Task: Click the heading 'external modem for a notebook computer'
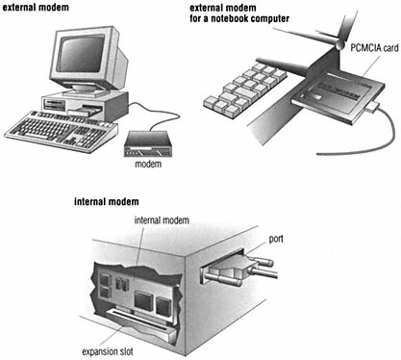coord(239,13)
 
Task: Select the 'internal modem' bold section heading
coord(107,201)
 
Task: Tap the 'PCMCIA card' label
coord(374,48)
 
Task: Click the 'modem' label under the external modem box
coord(148,164)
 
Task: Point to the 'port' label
coord(276,240)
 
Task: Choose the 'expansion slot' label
coord(108,351)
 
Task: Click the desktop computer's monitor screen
coord(81,54)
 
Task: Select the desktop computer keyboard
coord(61,131)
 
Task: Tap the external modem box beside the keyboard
coord(148,143)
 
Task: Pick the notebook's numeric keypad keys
coord(245,89)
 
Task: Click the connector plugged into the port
coord(238,270)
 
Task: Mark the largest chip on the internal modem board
coord(144,301)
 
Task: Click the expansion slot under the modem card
coord(141,321)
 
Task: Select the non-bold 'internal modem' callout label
coord(162,220)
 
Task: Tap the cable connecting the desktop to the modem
coord(156,113)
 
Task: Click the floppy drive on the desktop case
coord(56,103)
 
